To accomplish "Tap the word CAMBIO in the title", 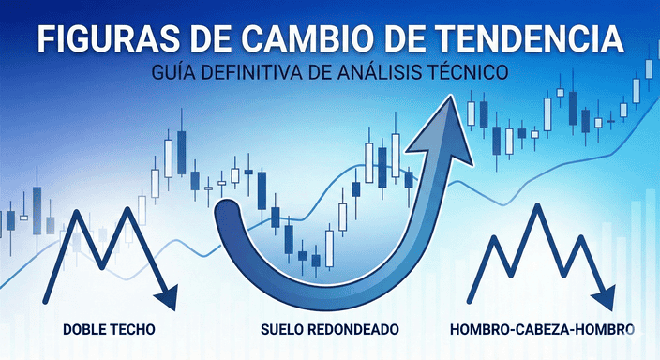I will [x=305, y=40].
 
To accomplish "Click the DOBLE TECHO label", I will [x=109, y=330].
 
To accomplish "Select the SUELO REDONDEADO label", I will [x=329, y=330].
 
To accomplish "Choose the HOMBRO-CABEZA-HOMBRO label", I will [x=542, y=330].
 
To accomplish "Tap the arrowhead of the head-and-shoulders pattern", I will [x=607, y=298].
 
